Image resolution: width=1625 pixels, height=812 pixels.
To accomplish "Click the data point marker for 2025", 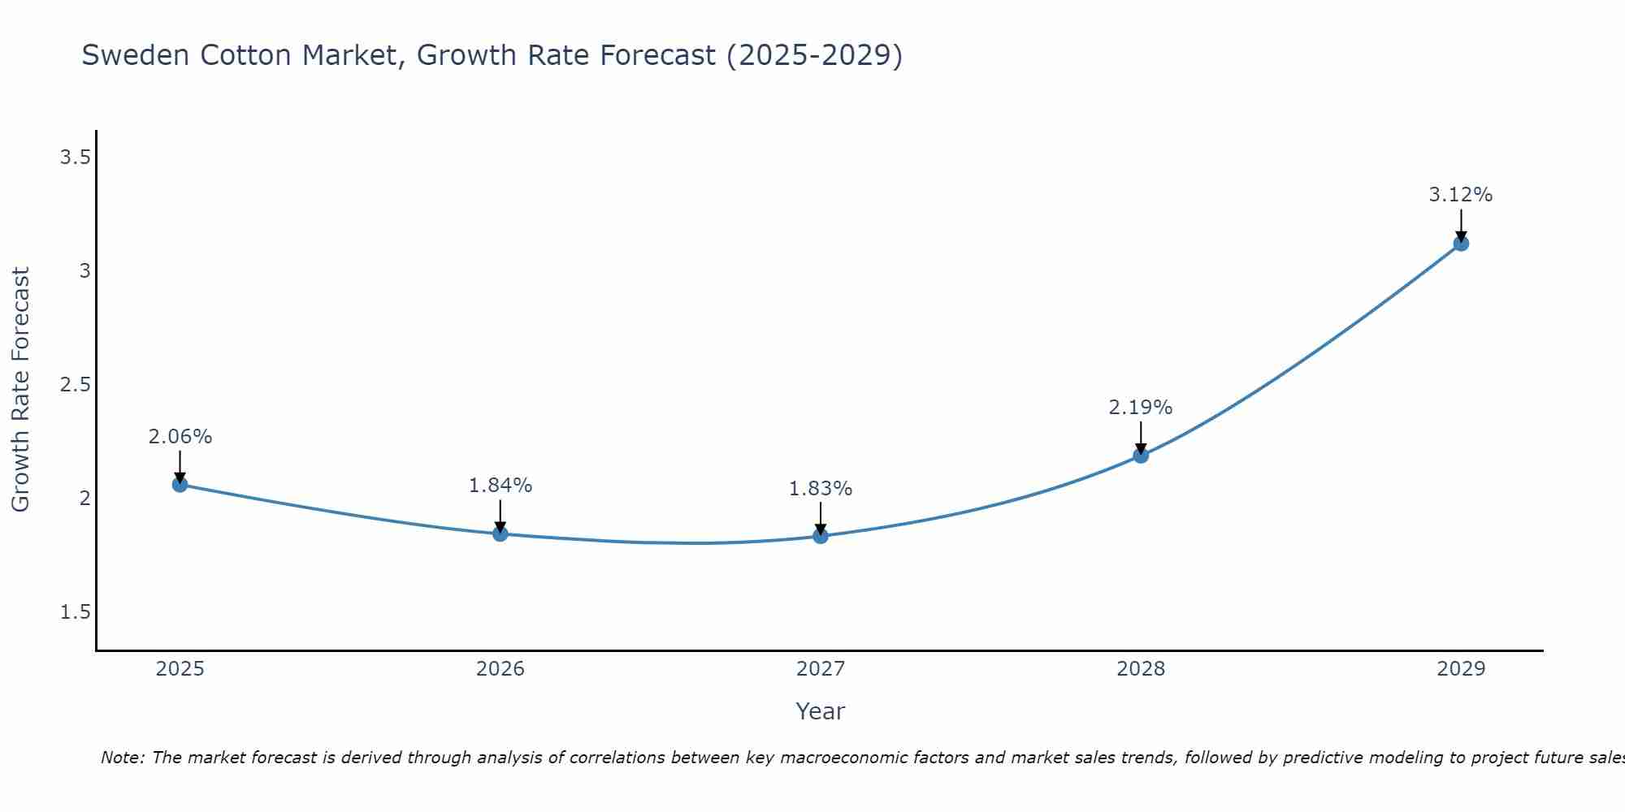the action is [x=180, y=485].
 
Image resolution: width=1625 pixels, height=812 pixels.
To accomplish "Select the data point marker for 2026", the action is [x=500, y=534].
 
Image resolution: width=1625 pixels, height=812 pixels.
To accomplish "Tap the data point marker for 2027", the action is [x=821, y=536].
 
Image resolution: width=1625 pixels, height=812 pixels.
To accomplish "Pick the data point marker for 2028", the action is [x=1141, y=456].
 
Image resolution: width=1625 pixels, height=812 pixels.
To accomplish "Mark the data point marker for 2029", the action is [x=1461, y=244].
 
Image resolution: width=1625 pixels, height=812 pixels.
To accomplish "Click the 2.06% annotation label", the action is [x=180, y=437].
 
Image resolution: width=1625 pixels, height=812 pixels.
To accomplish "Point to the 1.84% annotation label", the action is [x=500, y=486].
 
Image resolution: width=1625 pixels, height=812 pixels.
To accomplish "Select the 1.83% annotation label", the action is [x=821, y=489].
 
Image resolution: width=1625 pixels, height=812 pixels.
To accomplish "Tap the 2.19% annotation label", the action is [x=1141, y=408].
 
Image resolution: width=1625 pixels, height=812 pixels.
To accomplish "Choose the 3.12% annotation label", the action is [x=1461, y=195].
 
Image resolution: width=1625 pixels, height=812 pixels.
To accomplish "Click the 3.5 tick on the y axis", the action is [x=75, y=158].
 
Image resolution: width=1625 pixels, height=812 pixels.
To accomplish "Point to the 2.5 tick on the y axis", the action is [x=75, y=385].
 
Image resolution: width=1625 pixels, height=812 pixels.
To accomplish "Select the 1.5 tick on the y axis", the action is [x=75, y=612].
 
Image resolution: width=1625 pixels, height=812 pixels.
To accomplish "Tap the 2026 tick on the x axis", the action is [x=500, y=669].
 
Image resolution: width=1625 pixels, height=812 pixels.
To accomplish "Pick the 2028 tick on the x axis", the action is [x=1141, y=669].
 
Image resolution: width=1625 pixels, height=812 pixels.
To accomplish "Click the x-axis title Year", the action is [x=821, y=711].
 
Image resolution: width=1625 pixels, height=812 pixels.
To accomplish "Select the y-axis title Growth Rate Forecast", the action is [x=20, y=390].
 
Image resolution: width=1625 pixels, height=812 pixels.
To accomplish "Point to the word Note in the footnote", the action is [x=122, y=758].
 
